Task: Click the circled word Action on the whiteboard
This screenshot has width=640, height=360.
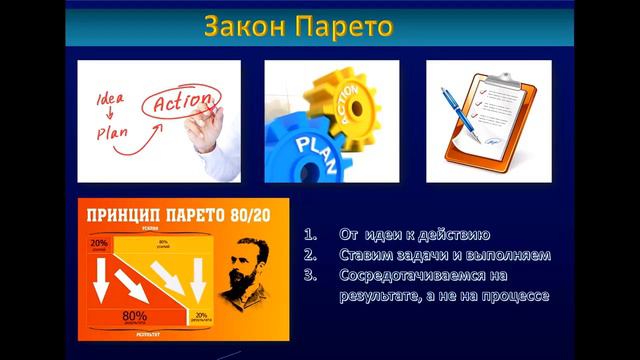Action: tap(183, 102)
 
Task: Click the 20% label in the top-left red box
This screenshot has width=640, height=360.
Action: tap(98, 243)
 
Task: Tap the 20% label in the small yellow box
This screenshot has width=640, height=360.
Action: tap(201, 316)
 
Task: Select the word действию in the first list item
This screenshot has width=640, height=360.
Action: tap(450, 235)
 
